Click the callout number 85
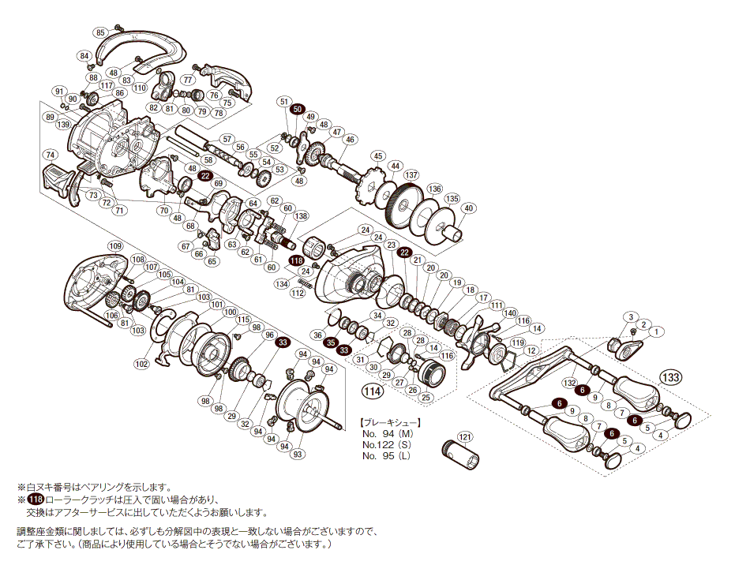tap(99, 32)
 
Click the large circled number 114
tap(372, 391)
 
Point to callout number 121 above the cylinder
tap(465, 436)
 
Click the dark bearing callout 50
tap(297, 109)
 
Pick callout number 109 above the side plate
tap(116, 246)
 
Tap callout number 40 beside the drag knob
tap(469, 208)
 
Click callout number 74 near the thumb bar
tap(50, 155)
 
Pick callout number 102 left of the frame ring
tap(142, 364)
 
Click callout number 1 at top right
tap(658, 331)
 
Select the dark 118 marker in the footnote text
tap(36, 500)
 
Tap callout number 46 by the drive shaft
tap(351, 140)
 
